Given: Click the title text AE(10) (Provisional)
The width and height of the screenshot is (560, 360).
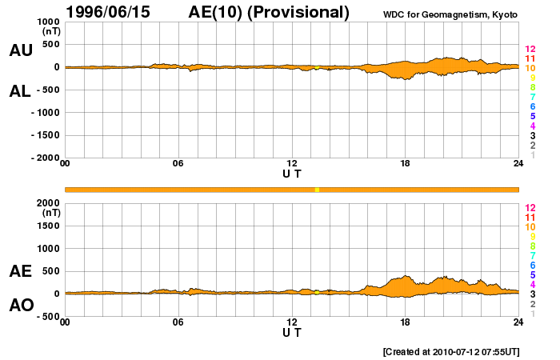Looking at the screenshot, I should click(269, 12).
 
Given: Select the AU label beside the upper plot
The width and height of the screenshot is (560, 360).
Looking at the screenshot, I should click(21, 50).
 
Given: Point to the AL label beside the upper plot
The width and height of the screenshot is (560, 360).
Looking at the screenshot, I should click(21, 91).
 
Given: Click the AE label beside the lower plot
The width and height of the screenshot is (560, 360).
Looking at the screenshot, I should click(21, 271).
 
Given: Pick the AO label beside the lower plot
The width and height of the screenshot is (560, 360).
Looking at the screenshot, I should click(21, 306).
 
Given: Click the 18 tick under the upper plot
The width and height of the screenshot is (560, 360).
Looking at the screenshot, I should click(406, 164).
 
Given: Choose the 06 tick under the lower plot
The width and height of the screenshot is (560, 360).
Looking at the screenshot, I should click(178, 322).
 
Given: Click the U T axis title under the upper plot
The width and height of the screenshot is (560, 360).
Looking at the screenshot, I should click(292, 174).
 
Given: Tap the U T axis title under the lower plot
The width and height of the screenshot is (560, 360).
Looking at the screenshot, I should click(292, 332).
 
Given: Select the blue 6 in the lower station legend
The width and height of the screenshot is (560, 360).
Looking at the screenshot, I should click(532, 265).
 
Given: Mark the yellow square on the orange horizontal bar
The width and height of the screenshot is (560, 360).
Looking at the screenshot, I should click(317, 190).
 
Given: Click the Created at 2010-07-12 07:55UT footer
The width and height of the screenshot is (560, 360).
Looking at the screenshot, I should click(451, 351).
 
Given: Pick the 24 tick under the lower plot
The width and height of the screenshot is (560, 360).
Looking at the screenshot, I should click(518, 322).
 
